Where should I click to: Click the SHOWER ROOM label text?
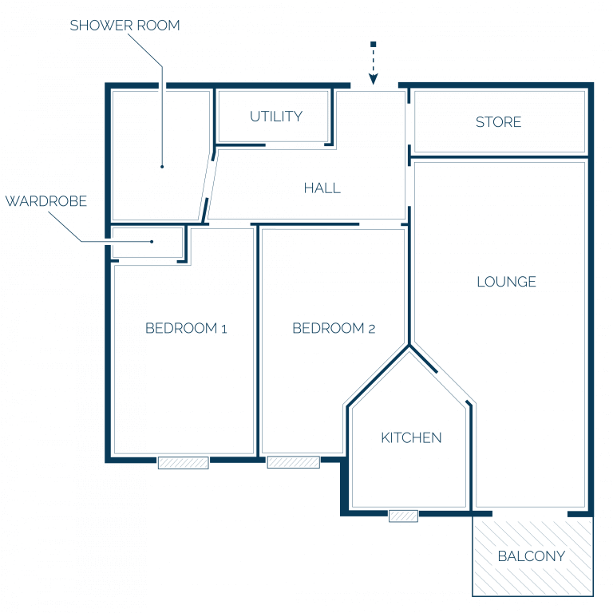pyautogui.click(x=125, y=26)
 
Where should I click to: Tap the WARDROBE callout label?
pyautogui.click(x=46, y=201)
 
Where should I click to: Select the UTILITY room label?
pyautogui.click(x=276, y=117)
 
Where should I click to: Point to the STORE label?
pyautogui.click(x=498, y=122)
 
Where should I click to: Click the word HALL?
pyautogui.click(x=322, y=188)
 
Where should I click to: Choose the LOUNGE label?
pyautogui.click(x=506, y=282)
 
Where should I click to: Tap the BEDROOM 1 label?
pyautogui.click(x=186, y=328)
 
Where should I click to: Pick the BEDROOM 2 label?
pyautogui.click(x=334, y=328)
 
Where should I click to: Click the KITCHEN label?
pyautogui.click(x=411, y=438)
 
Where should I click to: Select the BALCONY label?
pyautogui.click(x=532, y=556)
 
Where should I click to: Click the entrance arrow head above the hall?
pyautogui.click(x=374, y=79)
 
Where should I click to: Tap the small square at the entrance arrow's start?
pyautogui.click(x=374, y=44)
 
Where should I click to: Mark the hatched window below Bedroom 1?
pyautogui.click(x=184, y=463)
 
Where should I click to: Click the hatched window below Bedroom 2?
pyautogui.click(x=294, y=462)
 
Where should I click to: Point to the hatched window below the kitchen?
pyautogui.click(x=403, y=516)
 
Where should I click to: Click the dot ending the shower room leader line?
pyautogui.click(x=162, y=167)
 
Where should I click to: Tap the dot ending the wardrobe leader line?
pyautogui.click(x=152, y=242)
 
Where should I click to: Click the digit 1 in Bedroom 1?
pyautogui.click(x=224, y=329)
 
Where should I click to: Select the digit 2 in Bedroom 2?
pyautogui.click(x=372, y=329)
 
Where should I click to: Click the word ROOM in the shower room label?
pyautogui.click(x=158, y=26)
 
